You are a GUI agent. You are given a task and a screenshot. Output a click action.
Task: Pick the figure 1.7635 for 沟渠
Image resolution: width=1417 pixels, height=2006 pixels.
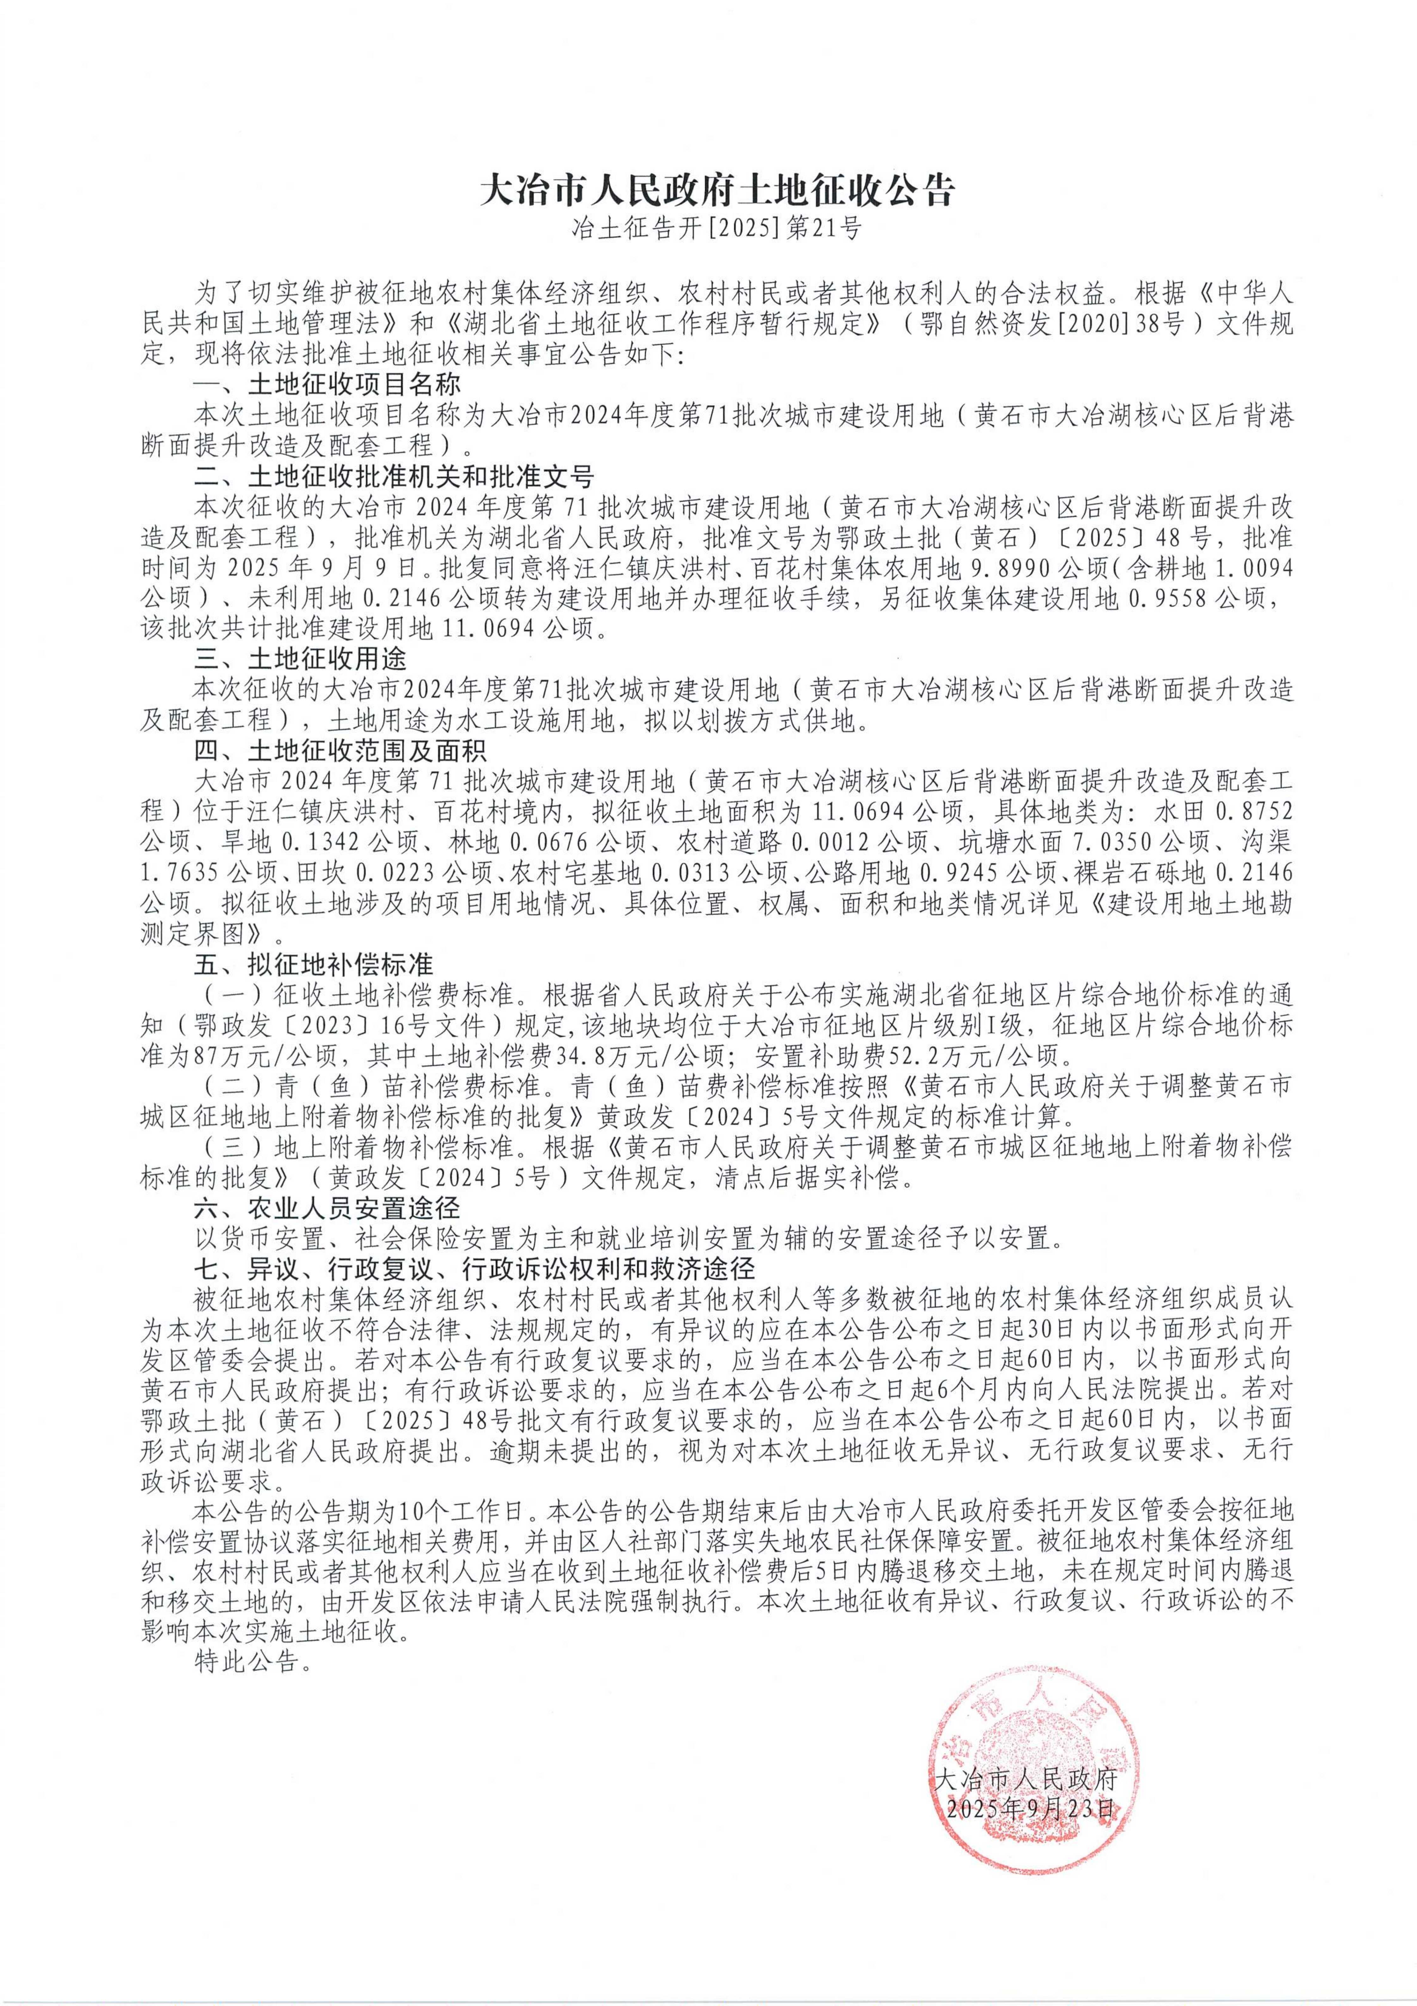pyautogui.click(x=178, y=872)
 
